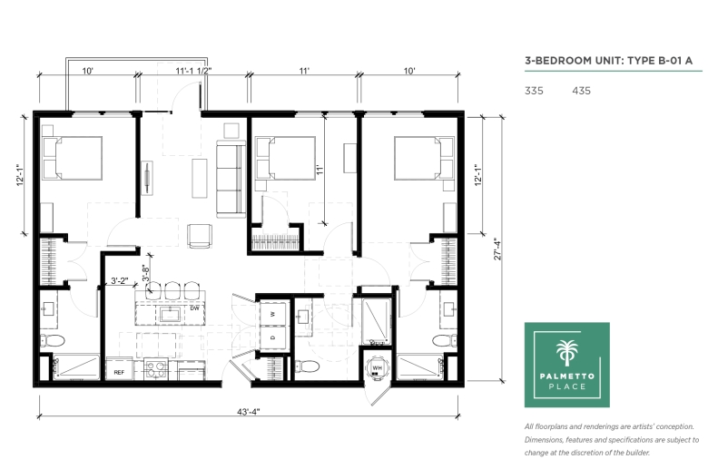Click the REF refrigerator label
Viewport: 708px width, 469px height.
(x=119, y=373)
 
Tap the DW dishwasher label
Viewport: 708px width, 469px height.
(x=194, y=308)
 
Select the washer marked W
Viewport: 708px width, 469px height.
(x=273, y=314)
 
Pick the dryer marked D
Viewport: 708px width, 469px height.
(x=273, y=337)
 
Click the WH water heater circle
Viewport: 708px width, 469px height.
(x=377, y=368)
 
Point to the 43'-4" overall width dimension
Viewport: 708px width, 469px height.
(x=249, y=412)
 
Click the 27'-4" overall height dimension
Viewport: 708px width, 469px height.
(x=498, y=249)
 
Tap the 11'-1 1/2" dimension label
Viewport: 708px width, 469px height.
(x=193, y=71)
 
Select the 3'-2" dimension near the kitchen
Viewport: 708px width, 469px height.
(x=119, y=281)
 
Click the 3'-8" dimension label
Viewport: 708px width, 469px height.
(x=146, y=274)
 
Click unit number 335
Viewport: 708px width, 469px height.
(x=534, y=91)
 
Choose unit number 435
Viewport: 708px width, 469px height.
(x=581, y=91)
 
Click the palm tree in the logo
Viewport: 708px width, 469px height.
(x=567, y=352)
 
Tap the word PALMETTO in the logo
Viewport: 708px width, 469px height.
(x=567, y=376)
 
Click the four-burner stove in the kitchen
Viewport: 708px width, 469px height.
(x=156, y=369)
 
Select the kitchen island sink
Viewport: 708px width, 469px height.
(x=170, y=314)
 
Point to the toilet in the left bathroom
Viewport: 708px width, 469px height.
(x=53, y=341)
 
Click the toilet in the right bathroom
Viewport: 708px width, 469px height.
(x=444, y=340)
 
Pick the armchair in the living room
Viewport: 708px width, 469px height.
(x=200, y=236)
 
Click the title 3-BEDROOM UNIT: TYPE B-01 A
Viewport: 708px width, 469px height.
(x=608, y=61)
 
